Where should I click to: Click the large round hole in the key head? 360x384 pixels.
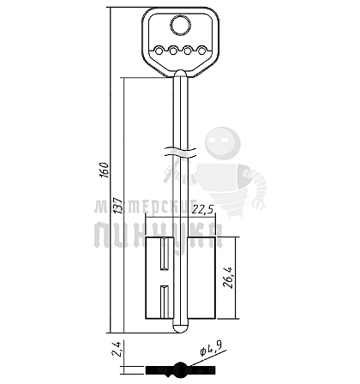pyautogui.click(x=181, y=26)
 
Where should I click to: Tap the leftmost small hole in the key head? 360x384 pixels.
pyautogui.click(x=159, y=51)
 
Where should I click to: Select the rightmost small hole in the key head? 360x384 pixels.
pyautogui.click(x=202, y=51)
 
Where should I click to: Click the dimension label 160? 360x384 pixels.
pyautogui.click(x=105, y=170)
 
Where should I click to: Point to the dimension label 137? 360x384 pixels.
pyautogui.click(x=118, y=206)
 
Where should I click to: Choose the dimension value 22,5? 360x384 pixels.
pyautogui.click(x=203, y=210)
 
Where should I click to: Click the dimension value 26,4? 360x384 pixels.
pyautogui.click(x=229, y=278)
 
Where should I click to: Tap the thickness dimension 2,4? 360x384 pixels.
pyautogui.click(x=117, y=349)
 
